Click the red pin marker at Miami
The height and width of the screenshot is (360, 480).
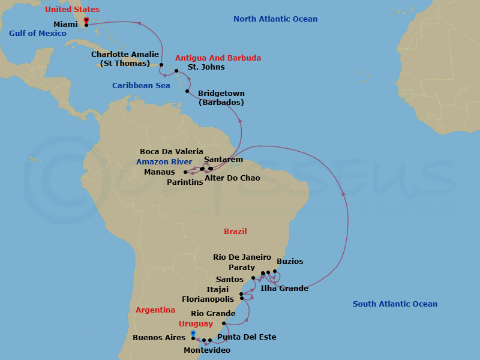click(x=86, y=21)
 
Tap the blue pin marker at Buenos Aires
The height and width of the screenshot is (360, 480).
click(x=193, y=333)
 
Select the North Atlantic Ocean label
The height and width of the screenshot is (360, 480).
click(x=275, y=19)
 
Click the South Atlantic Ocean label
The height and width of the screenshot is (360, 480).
click(x=395, y=304)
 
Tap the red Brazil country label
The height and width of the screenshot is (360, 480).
click(x=235, y=231)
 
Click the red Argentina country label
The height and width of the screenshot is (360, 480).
click(x=155, y=310)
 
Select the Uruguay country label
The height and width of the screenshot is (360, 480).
click(x=197, y=324)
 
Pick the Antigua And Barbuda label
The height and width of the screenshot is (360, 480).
click(x=218, y=58)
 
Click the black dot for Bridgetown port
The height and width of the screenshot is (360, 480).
click(x=188, y=92)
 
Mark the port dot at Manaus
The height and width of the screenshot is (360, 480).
click(x=185, y=172)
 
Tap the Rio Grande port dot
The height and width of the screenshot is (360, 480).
click(x=223, y=324)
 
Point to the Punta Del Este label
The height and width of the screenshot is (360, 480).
click(x=247, y=337)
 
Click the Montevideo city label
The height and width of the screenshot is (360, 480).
click(x=207, y=350)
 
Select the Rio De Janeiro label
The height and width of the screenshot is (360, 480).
click(x=242, y=257)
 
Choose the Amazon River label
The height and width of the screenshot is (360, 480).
click(x=164, y=162)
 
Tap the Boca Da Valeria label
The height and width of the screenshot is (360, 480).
click(x=172, y=152)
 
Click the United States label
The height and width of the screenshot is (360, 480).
click(x=72, y=10)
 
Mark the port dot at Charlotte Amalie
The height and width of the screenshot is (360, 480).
click(x=162, y=64)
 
